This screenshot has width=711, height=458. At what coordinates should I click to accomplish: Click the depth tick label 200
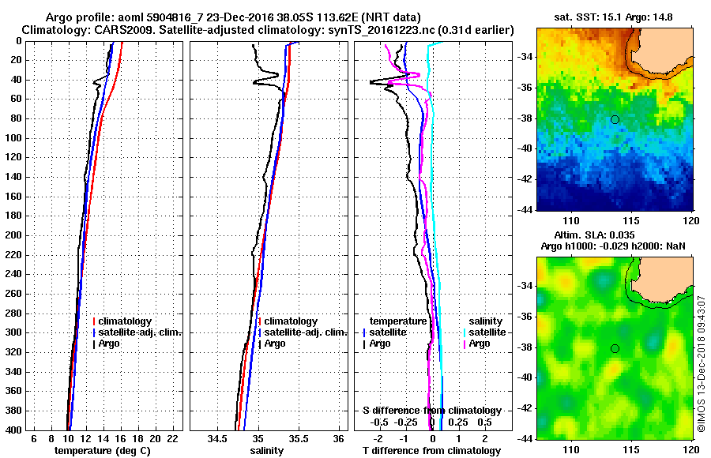tap(14, 235)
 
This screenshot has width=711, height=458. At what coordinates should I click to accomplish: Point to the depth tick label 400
tap(14, 430)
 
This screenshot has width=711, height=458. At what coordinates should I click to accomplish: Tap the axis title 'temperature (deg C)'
tap(102, 450)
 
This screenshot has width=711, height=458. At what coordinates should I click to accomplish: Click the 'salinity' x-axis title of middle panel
tap(267, 450)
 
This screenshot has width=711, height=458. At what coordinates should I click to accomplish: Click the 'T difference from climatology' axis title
tap(431, 450)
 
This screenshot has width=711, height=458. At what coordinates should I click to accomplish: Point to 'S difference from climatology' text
tap(431, 411)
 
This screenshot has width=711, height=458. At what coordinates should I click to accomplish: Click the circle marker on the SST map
tap(615, 119)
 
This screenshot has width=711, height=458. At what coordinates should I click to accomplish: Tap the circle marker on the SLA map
tap(615, 348)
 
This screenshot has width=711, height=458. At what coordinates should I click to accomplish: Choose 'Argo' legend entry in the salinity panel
tap(275, 343)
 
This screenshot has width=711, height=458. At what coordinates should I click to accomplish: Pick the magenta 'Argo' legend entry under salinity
tap(480, 343)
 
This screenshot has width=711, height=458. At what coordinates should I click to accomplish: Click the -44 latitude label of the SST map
tap(525, 210)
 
